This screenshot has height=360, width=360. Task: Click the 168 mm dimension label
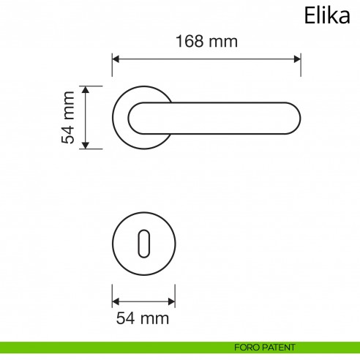(x=206, y=42)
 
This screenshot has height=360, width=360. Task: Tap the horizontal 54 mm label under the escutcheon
(x=143, y=318)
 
